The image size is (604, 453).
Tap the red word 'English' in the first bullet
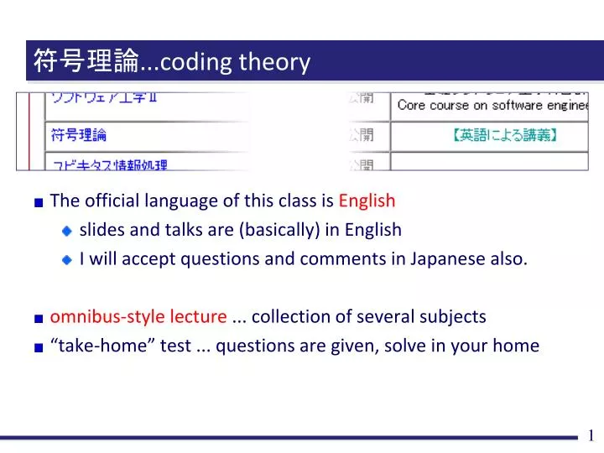(x=367, y=200)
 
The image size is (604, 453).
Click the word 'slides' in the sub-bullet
(x=102, y=230)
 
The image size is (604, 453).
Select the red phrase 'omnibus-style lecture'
(x=138, y=316)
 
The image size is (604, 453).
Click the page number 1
(x=591, y=435)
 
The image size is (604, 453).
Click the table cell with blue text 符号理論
(x=79, y=135)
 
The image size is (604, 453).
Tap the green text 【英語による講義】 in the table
(x=507, y=134)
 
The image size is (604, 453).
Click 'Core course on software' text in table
(x=470, y=106)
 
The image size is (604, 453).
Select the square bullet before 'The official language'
(x=39, y=201)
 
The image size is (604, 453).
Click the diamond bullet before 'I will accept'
(x=68, y=259)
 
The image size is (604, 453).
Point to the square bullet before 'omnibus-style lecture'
(x=39, y=317)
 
